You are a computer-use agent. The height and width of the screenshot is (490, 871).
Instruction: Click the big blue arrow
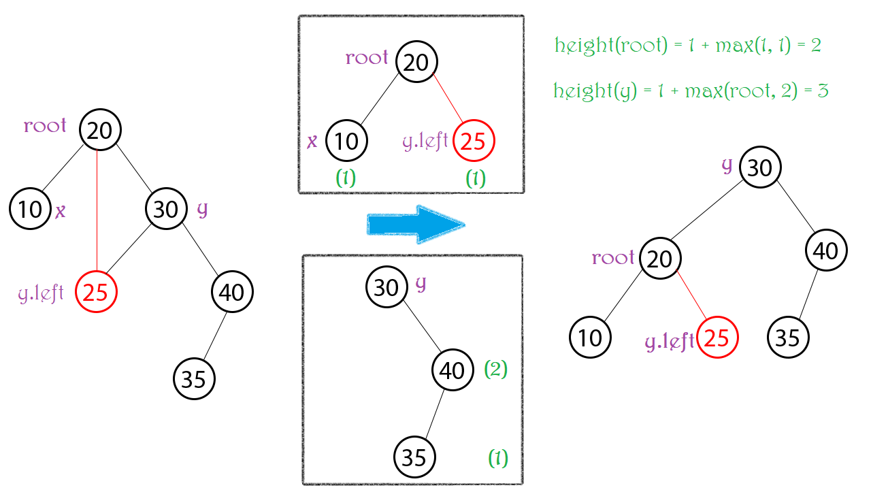point(415,225)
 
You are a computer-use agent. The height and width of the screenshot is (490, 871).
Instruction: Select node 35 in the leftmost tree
point(194,378)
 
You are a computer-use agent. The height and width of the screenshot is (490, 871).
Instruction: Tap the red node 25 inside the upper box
point(474,142)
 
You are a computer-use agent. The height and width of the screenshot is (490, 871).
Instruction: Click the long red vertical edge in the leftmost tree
point(98,211)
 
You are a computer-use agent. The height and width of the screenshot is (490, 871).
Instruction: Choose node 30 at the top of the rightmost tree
point(760,167)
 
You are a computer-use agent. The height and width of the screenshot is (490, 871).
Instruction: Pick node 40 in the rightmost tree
point(826,251)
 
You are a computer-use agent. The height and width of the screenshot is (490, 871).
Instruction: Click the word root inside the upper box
point(367,58)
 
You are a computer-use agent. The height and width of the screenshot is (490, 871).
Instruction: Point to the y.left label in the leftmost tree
point(41,294)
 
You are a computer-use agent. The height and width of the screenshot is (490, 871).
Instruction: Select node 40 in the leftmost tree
point(232,292)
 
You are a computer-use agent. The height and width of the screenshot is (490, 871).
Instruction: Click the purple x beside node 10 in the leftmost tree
point(61,211)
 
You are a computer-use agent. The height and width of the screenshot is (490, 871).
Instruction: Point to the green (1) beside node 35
point(497,459)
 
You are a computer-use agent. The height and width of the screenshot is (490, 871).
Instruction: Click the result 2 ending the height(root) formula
point(816,46)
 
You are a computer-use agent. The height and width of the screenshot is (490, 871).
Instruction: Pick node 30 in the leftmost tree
point(166,209)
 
